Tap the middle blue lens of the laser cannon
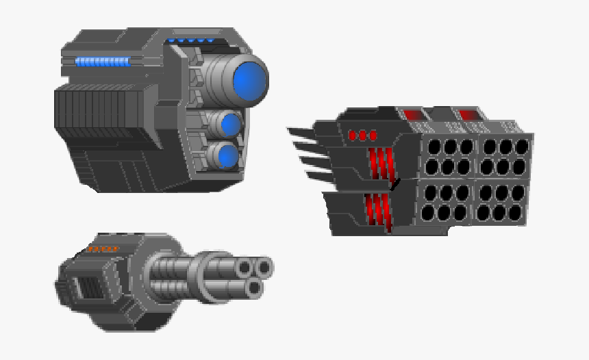tap(231, 125)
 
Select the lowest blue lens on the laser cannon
tap(228, 157)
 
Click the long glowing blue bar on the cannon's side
tap(103, 62)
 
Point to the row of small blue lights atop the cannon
tap(191, 41)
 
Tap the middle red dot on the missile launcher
tap(363, 136)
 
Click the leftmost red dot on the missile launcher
tap(353, 136)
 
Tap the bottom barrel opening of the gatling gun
tap(255, 287)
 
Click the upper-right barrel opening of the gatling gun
tap(265, 266)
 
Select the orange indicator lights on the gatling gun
tap(103, 249)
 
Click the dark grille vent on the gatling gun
tap(85, 287)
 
